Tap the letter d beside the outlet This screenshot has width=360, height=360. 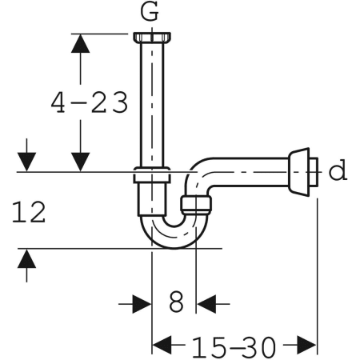[339, 170]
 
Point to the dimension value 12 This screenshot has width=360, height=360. [29, 212]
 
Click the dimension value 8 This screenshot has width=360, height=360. [176, 302]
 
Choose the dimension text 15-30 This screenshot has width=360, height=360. [234, 346]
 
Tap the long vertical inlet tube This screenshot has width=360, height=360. [151, 104]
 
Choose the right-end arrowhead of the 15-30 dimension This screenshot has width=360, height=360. [308, 346]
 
